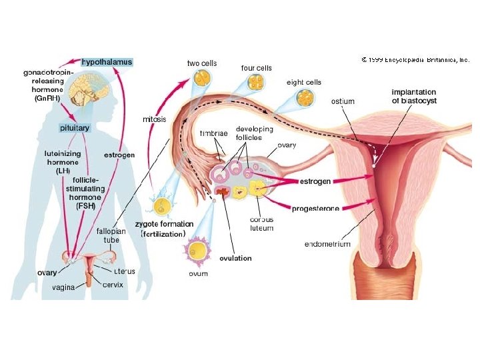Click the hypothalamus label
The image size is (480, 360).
tap(107, 62)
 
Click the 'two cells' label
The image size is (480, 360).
tap(202, 63)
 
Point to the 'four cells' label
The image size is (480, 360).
tap(256, 68)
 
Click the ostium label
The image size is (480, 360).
tap(343, 101)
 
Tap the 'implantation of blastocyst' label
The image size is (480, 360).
tap(414, 97)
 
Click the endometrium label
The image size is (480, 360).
tap(327, 244)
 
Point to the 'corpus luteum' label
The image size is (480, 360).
tap(261, 223)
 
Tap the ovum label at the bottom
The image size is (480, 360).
tap(198, 273)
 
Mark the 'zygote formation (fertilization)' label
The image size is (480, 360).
tap(163, 229)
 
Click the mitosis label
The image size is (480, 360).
tap(155, 120)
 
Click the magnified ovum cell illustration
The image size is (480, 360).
tap(199, 251)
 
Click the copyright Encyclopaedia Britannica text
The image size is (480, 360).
tap(415, 59)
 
